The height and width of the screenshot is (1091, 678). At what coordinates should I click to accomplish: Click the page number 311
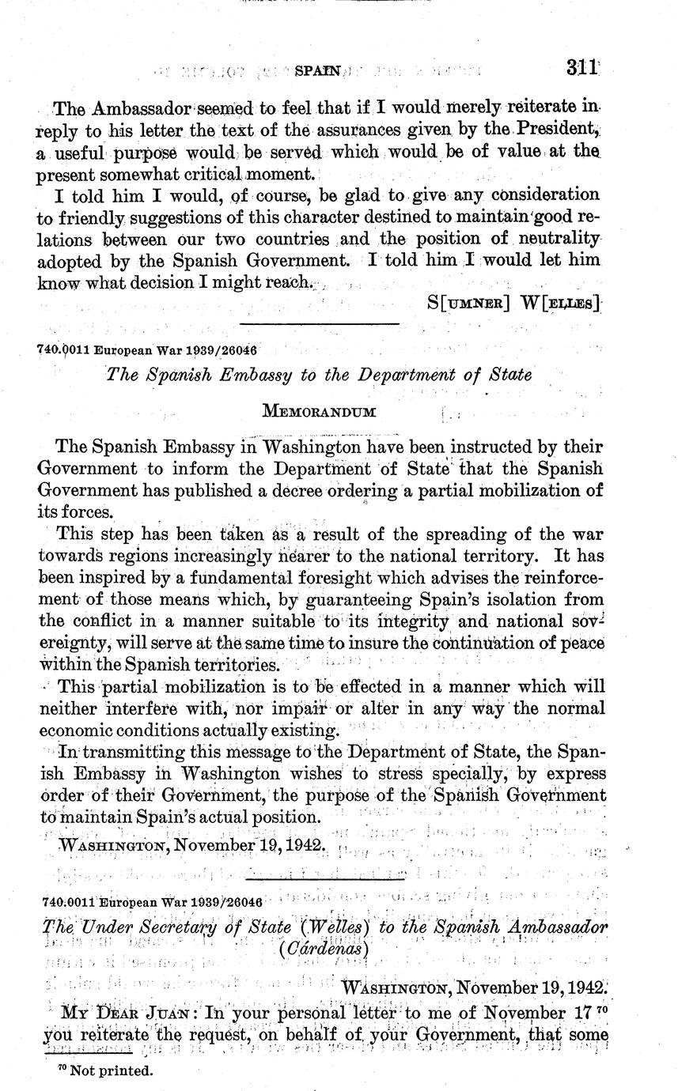[581, 69]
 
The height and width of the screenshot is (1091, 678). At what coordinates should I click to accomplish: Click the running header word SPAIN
[316, 71]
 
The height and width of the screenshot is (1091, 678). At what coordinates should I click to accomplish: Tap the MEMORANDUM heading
[319, 412]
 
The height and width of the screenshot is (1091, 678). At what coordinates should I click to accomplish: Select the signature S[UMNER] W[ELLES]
[513, 301]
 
